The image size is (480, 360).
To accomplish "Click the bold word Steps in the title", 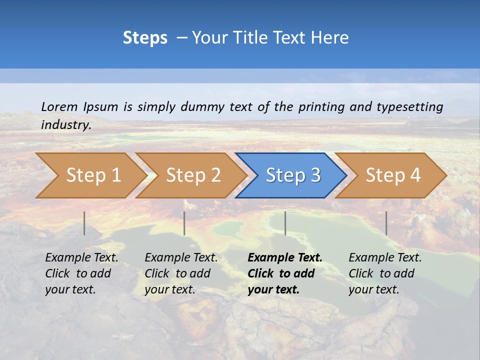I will [145, 38].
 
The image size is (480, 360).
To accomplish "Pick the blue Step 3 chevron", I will [292, 175].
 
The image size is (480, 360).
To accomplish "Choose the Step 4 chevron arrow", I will [392, 175].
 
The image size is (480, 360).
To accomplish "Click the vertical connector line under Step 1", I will [84, 223].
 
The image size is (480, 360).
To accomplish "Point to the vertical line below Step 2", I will [184, 223].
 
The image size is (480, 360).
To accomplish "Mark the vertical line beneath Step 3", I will [285, 223].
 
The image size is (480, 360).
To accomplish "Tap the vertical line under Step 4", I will [386, 223].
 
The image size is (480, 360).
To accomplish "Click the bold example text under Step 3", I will [285, 273].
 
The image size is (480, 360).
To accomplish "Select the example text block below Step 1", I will [81, 273].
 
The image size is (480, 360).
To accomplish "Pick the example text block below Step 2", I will [181, 273].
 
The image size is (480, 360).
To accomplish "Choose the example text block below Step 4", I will [385, 273].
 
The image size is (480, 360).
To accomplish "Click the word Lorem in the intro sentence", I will [59, 106].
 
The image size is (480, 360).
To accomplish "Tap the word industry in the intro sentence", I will [66, 124].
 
